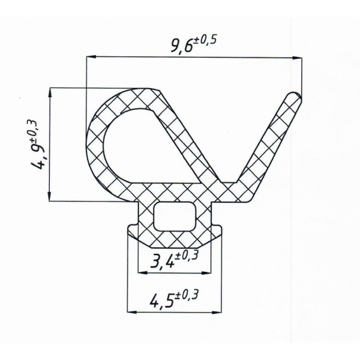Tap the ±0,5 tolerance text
205,41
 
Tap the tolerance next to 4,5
186,295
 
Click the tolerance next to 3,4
187,256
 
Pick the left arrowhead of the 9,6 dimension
91,56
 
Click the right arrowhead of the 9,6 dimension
297,58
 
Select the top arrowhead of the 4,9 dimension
50,93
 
